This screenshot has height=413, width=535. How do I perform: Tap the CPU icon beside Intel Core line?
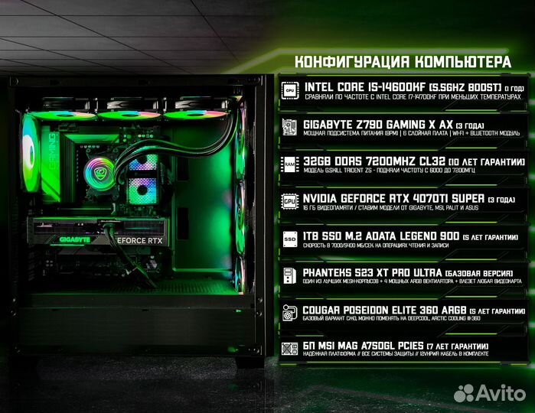click(x=290, y=89)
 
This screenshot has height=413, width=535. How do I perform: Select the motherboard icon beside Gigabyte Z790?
click(x=290, y=126)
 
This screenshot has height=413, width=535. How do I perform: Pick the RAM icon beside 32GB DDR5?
click(x=290, y=164)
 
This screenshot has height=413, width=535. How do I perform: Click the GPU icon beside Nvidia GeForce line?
click(x=290, y=201)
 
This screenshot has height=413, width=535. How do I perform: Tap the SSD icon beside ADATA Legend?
click(x=290, y=238)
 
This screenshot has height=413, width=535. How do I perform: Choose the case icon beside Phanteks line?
click(x=290, y=275)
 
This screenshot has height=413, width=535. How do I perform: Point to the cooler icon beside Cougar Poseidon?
click(x=290, y=312)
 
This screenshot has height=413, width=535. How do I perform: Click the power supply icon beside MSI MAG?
click(x=290, y=350)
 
